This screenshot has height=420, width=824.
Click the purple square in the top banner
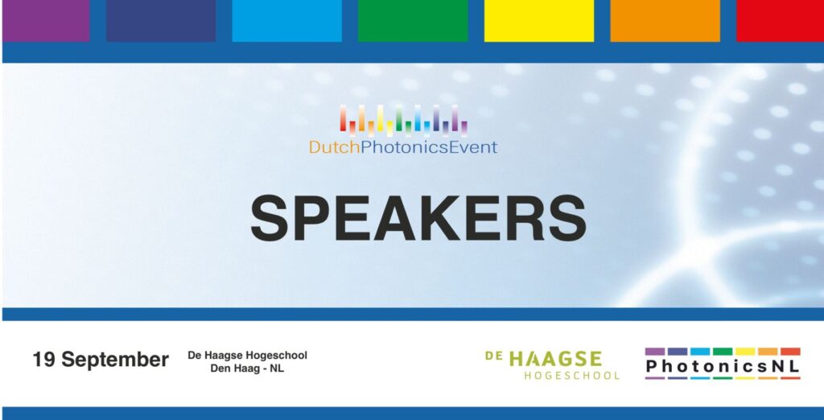click(x=46, y=20)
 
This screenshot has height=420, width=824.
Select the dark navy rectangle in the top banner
click(x=161, y=20)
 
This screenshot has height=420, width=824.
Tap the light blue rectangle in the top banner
click(x=287, y=20)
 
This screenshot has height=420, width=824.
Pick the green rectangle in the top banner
click(x=413, y=20)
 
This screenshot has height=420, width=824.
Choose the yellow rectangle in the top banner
click(x=539, y=20)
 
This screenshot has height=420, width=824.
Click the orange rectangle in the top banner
click(x=665, y=20)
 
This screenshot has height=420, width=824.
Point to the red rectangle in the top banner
click(x=781, y=20)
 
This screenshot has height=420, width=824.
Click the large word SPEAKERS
click(x=418, y=218)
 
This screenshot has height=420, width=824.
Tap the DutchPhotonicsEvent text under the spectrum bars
click(x=403, y=147)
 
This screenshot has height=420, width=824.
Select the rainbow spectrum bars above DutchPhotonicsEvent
click(x=403, y=121)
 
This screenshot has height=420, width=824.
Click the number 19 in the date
click(x=43, y=360)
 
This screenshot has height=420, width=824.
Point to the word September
click(x=114, y=361)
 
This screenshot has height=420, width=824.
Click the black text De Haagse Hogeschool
click(x=248, y=356)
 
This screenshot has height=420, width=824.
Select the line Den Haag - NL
click(x=247, y=369)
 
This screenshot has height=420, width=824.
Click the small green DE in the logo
click(x=494, y=356)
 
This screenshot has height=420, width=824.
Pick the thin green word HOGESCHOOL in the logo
click(x=572, y=376)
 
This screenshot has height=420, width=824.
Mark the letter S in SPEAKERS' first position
click(x=270, y=218)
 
